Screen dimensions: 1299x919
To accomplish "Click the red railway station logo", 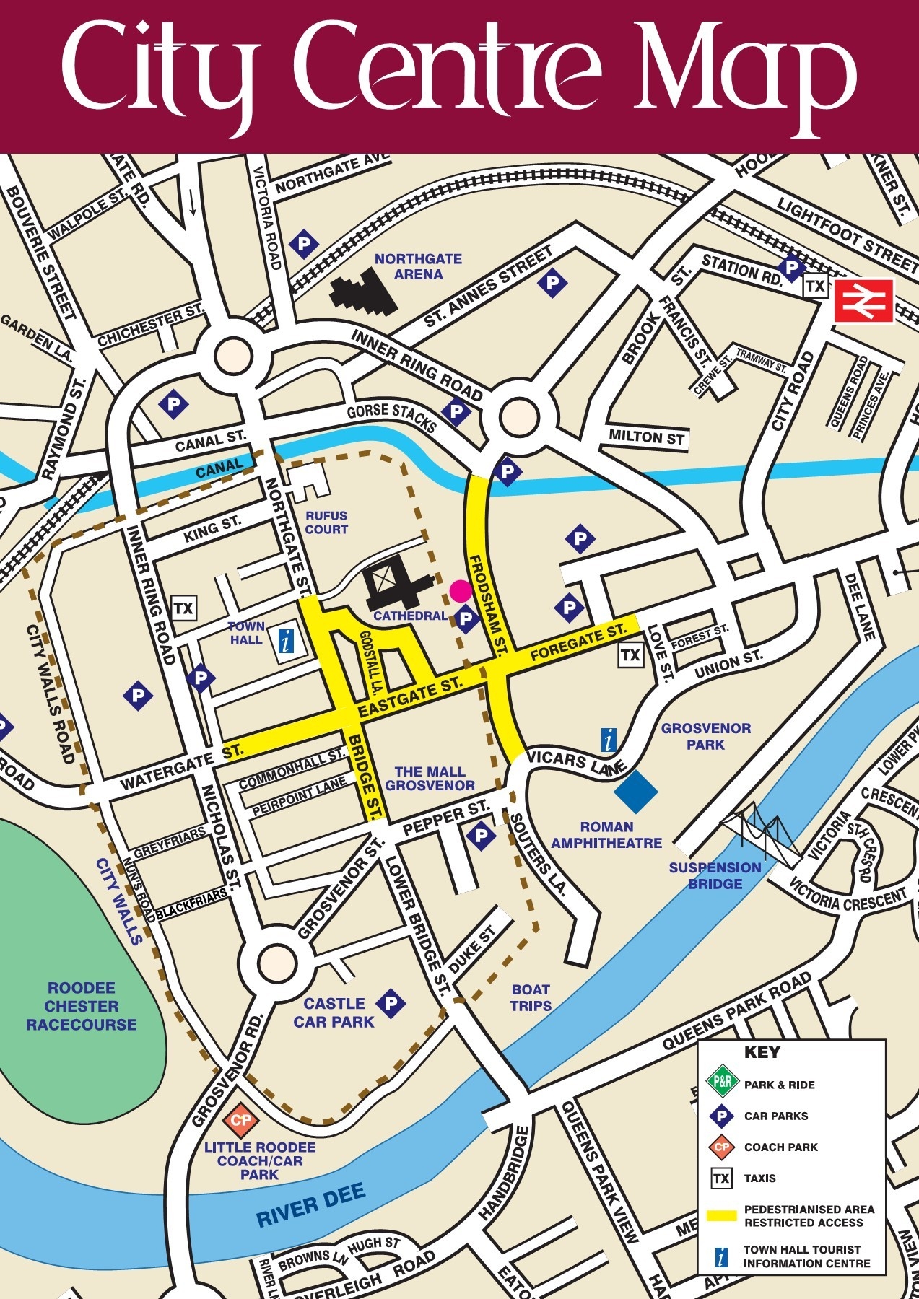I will (863, 301).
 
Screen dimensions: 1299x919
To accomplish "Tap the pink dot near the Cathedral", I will (461, 590).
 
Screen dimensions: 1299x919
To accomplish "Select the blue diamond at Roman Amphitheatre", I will (636, 790).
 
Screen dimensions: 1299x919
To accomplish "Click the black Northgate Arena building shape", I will (364, 293).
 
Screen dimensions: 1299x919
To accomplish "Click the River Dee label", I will (310, 1204).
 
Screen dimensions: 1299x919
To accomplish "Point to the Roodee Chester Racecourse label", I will (81, 1006).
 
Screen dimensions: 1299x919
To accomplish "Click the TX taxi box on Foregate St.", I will (630, 655).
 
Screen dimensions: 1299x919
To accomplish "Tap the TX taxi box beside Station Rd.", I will (815, 287).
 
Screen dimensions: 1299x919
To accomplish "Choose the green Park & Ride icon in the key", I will (720, 1083).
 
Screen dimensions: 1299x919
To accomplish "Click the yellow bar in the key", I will (721, 1215).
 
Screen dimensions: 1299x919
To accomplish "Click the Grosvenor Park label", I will (705, 736).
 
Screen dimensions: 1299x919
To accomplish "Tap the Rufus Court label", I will (326, 522).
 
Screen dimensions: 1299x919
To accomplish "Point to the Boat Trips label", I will (531, 997).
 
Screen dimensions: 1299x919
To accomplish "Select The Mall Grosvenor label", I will (430, 778).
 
